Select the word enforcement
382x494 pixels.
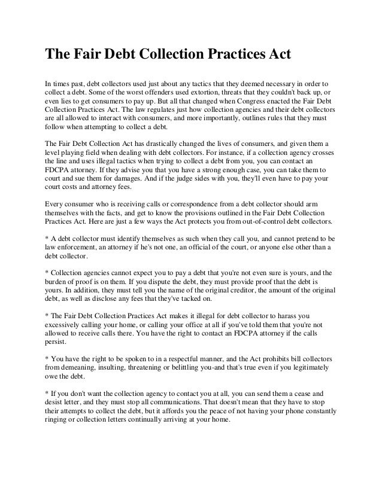[81, 247]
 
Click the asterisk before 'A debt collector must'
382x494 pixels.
[47, 238]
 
